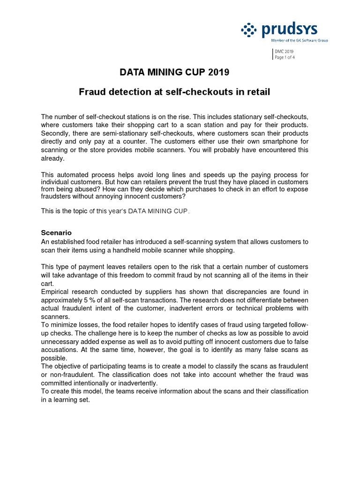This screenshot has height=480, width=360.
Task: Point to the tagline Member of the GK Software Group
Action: click(x=300, y=41)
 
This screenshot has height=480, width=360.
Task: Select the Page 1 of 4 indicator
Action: click(x=285, y=57)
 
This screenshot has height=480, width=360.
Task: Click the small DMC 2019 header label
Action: click(x=283, y=52)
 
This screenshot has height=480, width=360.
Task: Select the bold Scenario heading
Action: click(x=56, y=232)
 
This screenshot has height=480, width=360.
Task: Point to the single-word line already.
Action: click(x=52, y=158)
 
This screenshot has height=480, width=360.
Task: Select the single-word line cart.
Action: click(x=47, y=283)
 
